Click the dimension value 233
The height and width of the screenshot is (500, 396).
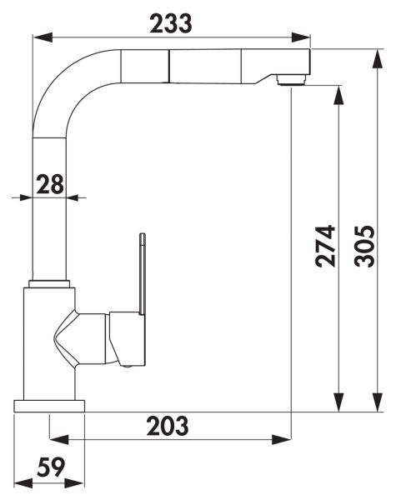171,23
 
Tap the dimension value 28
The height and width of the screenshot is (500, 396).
50,184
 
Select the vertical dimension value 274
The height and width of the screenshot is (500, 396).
325,246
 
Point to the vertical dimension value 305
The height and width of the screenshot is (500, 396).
364,246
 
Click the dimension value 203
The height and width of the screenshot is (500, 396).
168,426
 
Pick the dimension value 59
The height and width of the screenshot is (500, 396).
51,467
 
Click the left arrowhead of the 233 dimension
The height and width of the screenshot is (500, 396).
43,37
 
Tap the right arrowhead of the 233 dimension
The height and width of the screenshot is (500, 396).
301,37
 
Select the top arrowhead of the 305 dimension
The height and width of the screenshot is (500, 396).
378,59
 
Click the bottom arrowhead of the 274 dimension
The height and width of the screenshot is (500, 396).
338,402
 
